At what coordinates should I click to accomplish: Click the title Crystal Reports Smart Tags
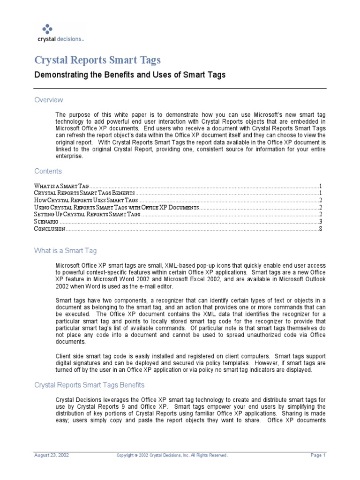point(98,60)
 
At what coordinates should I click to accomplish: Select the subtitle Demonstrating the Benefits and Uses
point(130,75)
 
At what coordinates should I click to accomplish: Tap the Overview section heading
point(49,100)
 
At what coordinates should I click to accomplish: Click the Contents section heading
point(48,171)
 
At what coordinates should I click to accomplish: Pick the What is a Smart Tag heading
point(65,251)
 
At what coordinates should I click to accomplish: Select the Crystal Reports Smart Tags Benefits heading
point(90,385)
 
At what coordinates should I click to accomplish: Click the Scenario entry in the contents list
point(46,221)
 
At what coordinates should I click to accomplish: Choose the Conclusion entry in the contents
point(49,229)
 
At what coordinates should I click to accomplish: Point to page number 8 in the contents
point(320,229)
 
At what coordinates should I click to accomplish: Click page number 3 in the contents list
point(320,221)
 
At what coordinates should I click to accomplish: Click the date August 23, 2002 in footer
point(51,455)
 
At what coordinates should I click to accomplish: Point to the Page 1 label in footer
point(317,455)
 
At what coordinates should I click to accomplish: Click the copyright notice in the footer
point(172,455)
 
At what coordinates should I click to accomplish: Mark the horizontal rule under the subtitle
point(180,88)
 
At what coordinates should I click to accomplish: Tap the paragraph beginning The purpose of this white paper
point(190,135)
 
